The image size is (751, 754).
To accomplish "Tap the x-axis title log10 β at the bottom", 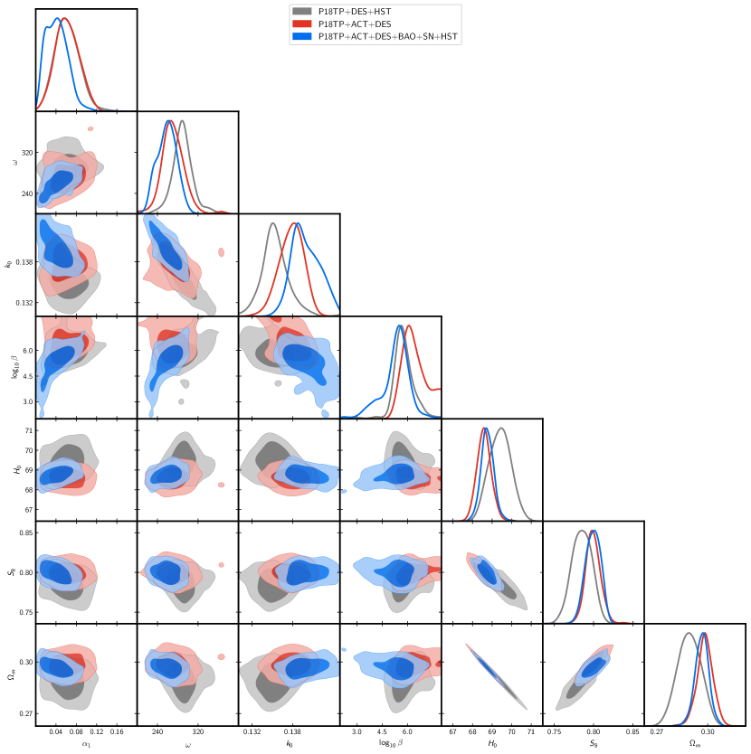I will point(391,743).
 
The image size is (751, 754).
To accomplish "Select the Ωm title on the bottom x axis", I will point(695,743).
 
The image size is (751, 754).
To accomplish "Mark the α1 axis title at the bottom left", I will point(86,743).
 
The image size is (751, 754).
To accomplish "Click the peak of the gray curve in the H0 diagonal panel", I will point(501,429).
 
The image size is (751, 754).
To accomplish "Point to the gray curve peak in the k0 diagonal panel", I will point(271,223).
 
